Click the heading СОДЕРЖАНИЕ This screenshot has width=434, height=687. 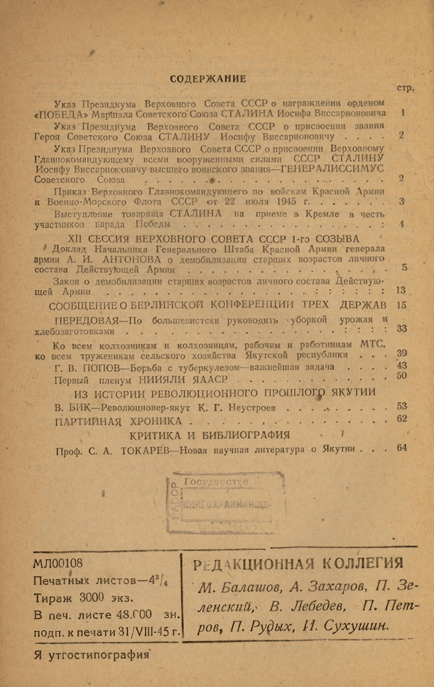[209, 79]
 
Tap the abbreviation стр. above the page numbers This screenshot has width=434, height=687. [405, 89]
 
